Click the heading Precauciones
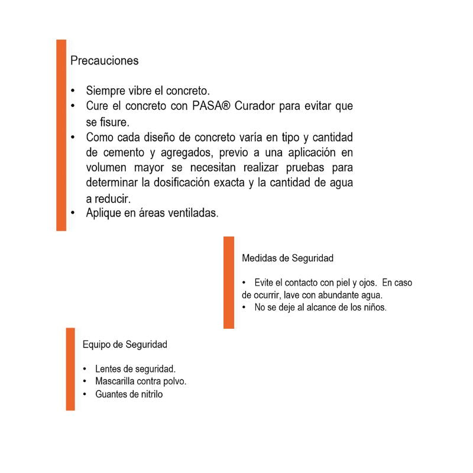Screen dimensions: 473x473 [104, 61]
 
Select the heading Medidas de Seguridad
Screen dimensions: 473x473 [287, 258]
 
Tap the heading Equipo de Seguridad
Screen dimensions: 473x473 [125, 344]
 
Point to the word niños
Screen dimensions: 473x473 [374, 307]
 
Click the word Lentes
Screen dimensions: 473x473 [108, 369]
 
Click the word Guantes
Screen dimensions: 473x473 [111, 394]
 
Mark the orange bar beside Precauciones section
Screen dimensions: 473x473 [61, 135]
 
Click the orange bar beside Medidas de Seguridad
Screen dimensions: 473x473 [229, 282]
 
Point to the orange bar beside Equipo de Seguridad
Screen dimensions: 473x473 [70, 368]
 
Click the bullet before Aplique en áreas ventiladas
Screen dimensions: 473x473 [73, 213]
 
